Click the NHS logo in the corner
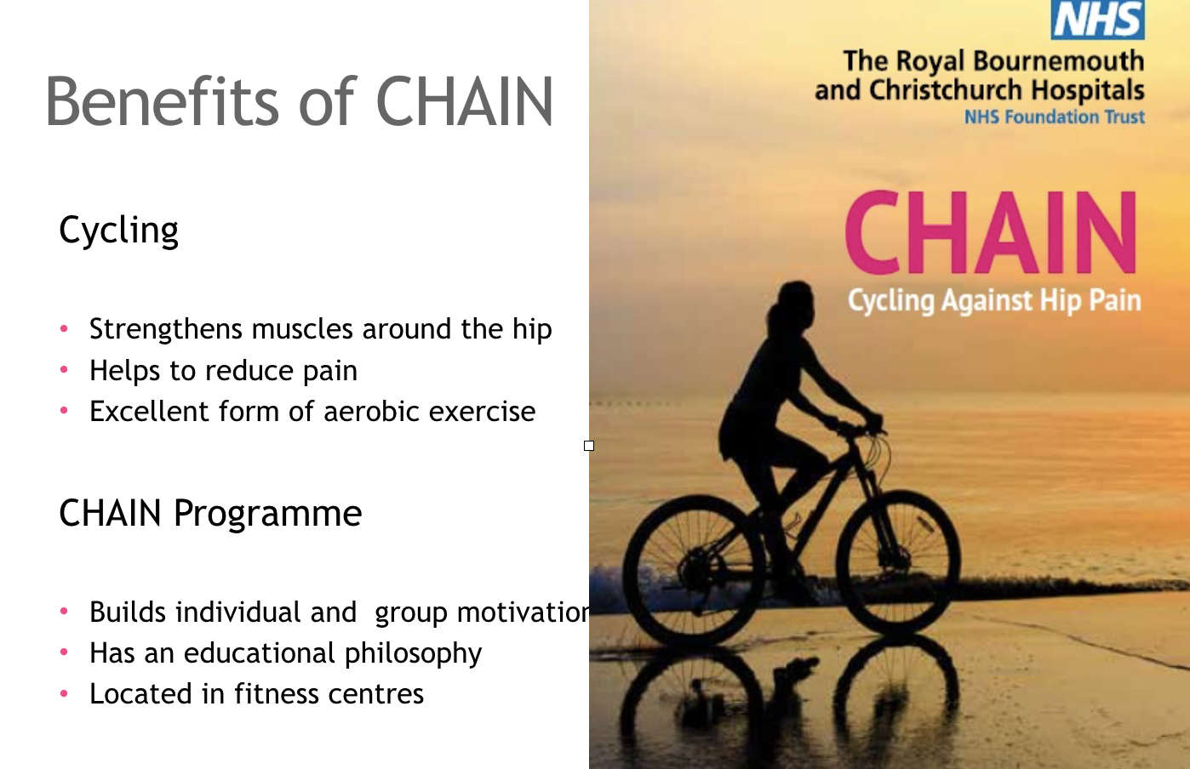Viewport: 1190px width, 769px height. [x=1097, y=20]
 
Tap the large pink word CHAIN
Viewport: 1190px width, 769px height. [x=990, y=233]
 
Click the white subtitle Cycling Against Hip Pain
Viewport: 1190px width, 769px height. [x=993, y=300]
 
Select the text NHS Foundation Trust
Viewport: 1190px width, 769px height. [x=1054, y=117]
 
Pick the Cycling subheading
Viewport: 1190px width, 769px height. [x=118, y=230]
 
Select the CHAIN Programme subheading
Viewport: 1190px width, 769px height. [x=210, y=513]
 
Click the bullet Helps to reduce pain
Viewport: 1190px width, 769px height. [x=223, y=371]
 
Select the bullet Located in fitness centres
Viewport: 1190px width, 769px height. [x=256, y=694]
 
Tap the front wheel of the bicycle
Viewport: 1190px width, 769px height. [x=897, y=561]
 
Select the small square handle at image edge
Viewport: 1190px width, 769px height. [x=589, y=446]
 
